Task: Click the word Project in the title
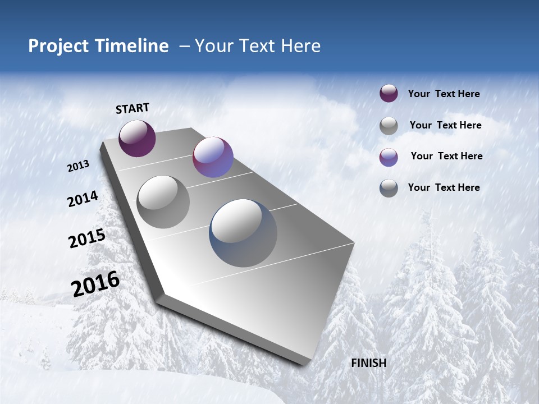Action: pos(54,46)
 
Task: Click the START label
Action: pos(133,108)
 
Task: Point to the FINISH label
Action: pos(368,363)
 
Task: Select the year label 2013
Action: pos(79,166)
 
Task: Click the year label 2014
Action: pos(83,199)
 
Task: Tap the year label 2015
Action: pos(86,238)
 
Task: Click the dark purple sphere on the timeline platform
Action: pos(137,139)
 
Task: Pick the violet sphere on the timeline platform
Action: pos(213,157)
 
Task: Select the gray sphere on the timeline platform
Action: pos(163,202)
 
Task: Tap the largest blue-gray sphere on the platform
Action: pos(243,233)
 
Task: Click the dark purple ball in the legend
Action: pos(389,94)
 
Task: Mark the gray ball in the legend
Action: pos(389,126)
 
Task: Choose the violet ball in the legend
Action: pos(389,157)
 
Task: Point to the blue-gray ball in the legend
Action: pos(389,188)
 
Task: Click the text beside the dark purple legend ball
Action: pos(444,94)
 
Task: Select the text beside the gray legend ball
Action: pos(445,125)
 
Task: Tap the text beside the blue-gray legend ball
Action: pos(444,187)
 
